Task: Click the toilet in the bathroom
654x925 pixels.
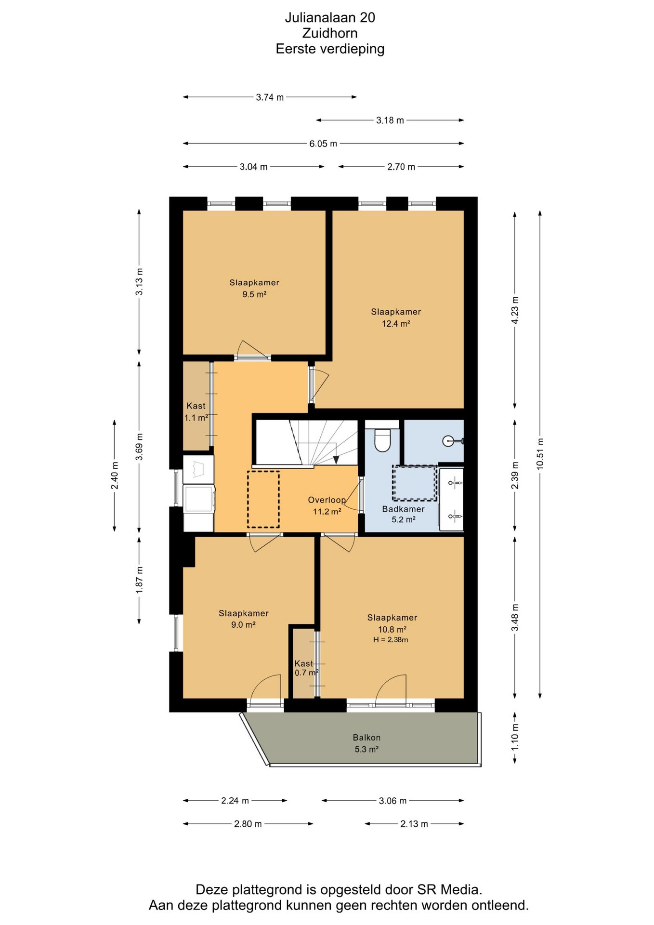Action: [x=382, y=438]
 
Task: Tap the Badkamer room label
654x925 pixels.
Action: [x=404, y=509]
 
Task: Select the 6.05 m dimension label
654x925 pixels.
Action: [x=323, y=144]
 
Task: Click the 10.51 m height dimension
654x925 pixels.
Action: [x=540, y=454]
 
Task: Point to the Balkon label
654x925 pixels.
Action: [x=366, y=737]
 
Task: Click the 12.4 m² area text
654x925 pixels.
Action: [x=396, y=324]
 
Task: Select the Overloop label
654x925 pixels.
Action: [x=327, y=500]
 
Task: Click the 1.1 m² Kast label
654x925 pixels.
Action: [x=196, y=418]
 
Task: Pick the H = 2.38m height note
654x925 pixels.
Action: [x=391, y=640]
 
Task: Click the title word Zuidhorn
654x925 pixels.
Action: [x=330, y=33]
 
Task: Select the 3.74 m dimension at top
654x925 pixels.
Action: [x=270, y=97]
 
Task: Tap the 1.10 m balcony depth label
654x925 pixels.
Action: [x=515, y=737]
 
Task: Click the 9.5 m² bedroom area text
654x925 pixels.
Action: [x=254, y=294]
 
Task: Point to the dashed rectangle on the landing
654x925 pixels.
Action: [x=263, y=499]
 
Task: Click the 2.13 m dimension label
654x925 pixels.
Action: [x=414, y=824]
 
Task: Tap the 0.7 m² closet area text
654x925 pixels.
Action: [x=307, y=673]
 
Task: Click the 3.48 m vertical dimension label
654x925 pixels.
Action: [x=515, y=618]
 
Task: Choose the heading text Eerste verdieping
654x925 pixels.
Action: [x=330, y=49]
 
